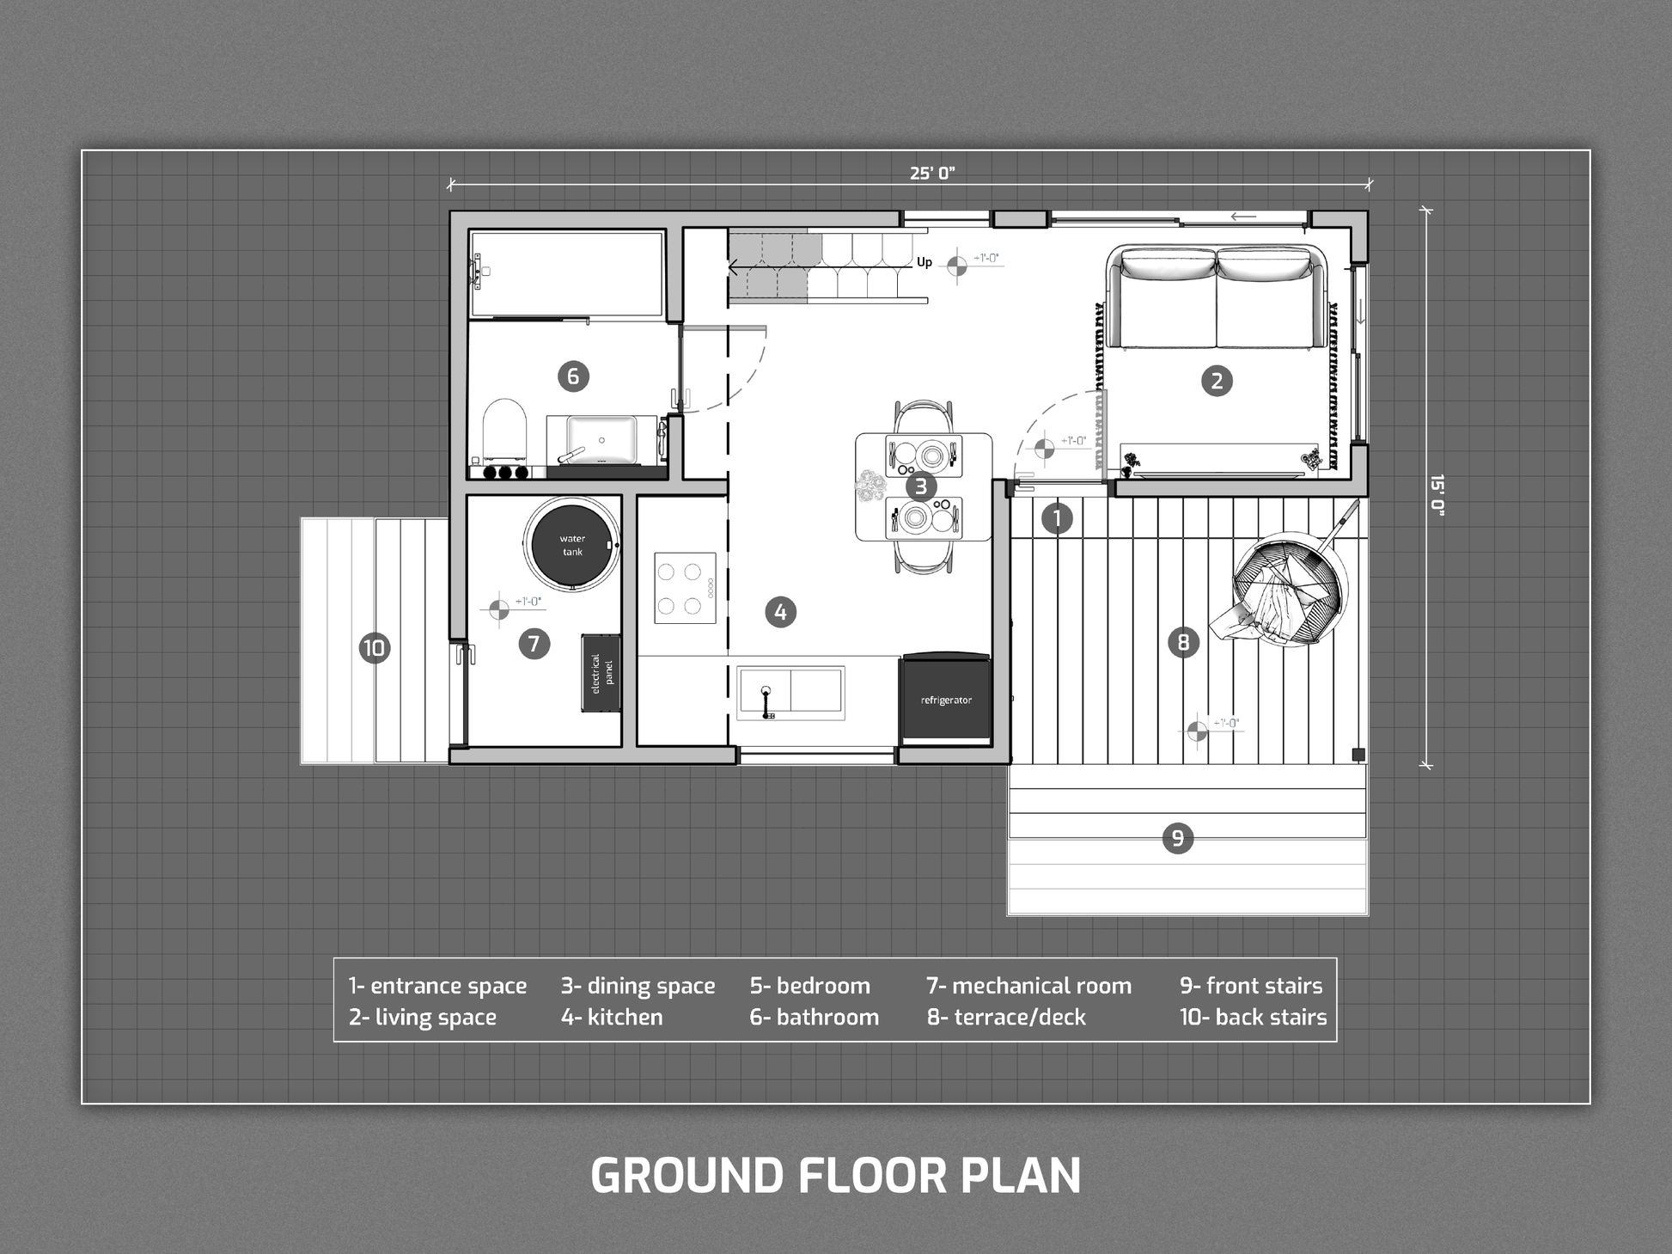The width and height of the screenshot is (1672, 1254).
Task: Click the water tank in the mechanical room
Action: pos(572,545)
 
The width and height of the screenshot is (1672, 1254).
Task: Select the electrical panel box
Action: pos(601,673)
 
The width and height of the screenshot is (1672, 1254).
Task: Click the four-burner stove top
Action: pos(685,588)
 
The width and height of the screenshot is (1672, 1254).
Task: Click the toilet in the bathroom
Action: pos(503,427)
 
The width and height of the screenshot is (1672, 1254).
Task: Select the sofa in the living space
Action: pos(1217,297)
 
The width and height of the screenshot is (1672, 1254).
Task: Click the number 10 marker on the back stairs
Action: pos(374,647)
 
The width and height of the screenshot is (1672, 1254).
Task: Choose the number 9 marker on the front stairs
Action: pos(1177,837)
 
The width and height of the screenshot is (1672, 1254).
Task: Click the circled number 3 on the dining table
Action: pos(921,486)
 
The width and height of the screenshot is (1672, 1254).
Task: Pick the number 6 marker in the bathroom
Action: pos(573,376)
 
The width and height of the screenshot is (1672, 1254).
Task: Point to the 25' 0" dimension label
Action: pos(932,173)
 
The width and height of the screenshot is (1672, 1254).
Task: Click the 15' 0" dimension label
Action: pos(1437,494)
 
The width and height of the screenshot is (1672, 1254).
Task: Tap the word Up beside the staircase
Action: pos(924,262)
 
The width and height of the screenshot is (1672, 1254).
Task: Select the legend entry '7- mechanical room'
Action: pos(1028,985)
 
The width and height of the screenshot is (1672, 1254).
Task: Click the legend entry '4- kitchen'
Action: pos(612,1017)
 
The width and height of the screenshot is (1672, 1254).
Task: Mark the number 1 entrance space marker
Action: pos(1057,518)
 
